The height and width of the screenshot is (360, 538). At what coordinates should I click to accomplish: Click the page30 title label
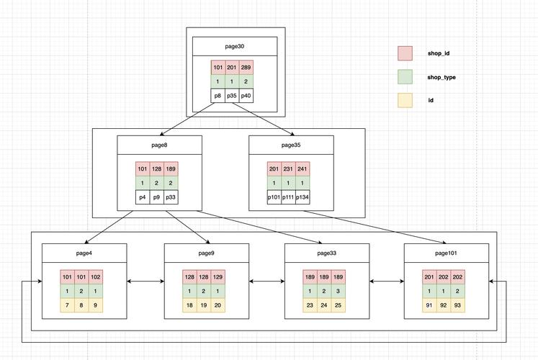(235, 46)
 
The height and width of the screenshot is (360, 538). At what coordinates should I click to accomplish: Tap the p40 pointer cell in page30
(246, 96)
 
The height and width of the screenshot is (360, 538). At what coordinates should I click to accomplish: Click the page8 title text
(160, 145)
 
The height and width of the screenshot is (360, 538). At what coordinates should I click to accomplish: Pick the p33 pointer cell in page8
(171, 197)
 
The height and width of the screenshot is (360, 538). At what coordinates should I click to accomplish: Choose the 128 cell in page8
(156, 169)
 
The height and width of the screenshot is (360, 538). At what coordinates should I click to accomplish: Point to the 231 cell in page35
(288, 169)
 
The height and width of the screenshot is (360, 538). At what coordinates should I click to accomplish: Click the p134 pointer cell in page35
(302, 197)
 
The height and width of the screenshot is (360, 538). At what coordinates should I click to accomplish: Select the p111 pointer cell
(288, 197)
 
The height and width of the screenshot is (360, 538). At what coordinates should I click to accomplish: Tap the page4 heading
(84, 253)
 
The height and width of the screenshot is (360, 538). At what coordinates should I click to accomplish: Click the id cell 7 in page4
(67, 305)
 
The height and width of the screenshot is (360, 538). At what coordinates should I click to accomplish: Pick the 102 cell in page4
(95, 277)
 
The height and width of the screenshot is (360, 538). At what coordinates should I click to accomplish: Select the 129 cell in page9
(218, 277)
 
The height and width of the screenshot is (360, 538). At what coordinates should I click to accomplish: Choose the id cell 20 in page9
(218, 305)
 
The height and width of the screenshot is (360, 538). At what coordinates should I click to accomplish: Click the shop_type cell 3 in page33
(339, 291)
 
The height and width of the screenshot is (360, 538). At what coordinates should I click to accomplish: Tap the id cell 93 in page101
(458, 305)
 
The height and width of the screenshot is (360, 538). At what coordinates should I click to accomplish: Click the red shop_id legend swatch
(405, 53)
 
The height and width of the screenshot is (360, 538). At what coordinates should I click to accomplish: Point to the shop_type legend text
(441, 77)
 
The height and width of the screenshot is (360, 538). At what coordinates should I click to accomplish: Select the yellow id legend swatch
(405, 101)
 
